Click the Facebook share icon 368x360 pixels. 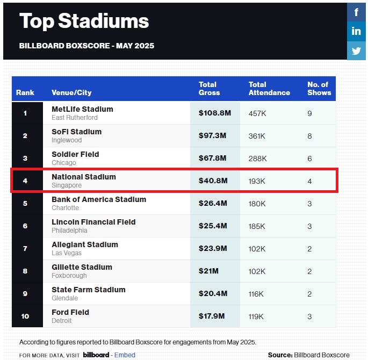356,12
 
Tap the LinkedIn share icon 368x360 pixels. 356,31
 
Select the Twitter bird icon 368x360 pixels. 356,51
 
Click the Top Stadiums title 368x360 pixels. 84,21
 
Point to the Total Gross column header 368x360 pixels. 209,89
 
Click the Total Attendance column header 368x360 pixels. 269,89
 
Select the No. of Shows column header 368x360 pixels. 319,89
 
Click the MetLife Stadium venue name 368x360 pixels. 82,109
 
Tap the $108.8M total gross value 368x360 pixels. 214,113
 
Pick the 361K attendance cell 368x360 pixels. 257,135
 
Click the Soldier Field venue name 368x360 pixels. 75,154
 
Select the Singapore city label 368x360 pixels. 67,185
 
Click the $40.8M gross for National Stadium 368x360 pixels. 213,181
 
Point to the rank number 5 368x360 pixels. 25,203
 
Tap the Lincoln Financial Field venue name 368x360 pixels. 93,222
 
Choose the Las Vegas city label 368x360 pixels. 67,253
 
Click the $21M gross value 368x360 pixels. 208,271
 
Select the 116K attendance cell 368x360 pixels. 257,293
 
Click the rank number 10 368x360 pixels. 25,316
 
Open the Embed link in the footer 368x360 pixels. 125,355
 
